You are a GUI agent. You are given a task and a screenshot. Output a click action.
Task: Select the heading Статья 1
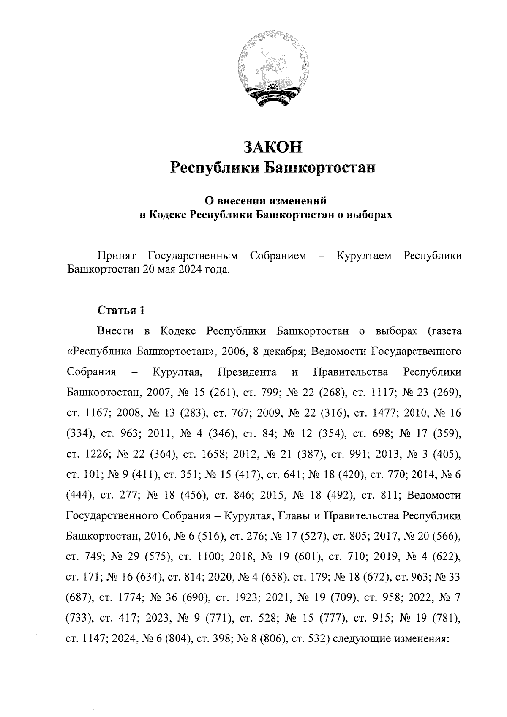[x=121, y=311]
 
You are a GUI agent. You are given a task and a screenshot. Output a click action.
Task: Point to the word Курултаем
[x=364, y=256]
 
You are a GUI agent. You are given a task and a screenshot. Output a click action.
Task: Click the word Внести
[x=115, y=331]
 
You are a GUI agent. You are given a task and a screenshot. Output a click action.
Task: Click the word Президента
[x=247, y=372]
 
